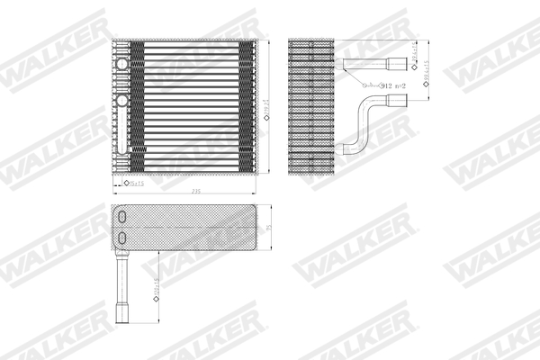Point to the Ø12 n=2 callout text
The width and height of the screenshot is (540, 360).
point(383,85)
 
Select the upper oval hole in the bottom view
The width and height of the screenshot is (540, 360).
point(122,219)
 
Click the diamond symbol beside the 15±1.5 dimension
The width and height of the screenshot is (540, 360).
point(126,183)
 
